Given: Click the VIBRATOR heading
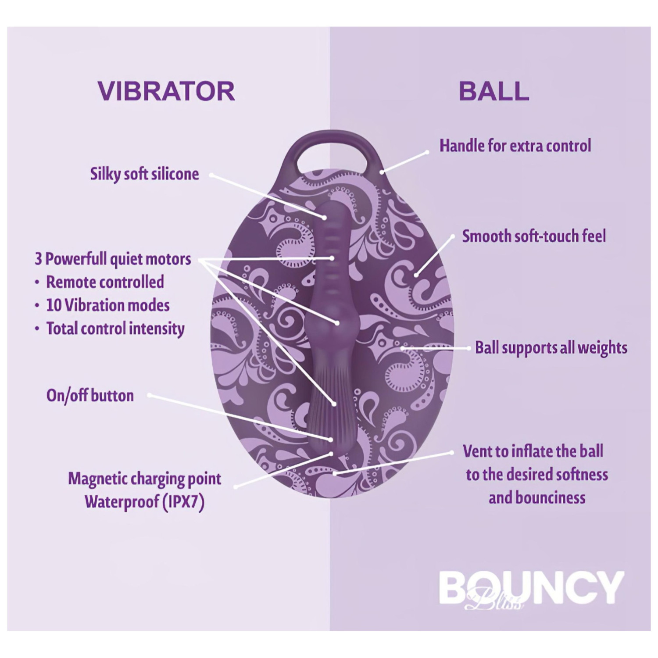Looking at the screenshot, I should point(166,91).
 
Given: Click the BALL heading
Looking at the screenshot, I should point(493,91).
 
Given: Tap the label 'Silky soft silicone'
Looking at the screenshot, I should point(144,174).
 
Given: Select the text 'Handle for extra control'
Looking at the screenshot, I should point(515,146).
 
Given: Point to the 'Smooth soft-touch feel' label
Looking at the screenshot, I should point(533,236).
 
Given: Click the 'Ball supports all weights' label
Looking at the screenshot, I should point(551,347).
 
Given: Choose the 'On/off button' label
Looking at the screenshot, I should point(90,395).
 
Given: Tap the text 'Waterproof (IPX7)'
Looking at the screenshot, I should point(144,502).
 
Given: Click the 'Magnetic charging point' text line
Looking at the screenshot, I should point(144,478).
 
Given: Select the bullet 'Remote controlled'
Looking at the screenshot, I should point(105,282).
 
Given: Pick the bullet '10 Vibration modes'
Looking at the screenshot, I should point(107,305).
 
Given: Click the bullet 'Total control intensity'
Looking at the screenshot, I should point(115,328).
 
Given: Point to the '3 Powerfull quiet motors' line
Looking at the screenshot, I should point(113,259).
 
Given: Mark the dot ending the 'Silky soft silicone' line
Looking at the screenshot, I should point(325,217).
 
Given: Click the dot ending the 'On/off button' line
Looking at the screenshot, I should point(330,439).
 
